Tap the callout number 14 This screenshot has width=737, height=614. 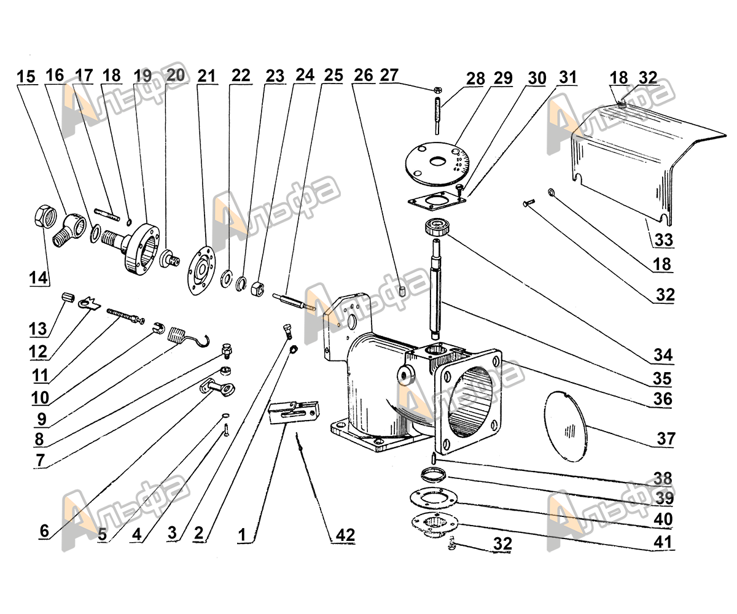coord(37,278)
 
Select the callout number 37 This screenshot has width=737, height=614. coord(665,439)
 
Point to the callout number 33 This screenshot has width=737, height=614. coord(663,239)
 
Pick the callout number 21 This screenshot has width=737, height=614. coord(207,76)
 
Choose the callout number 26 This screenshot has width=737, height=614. coord(364,76)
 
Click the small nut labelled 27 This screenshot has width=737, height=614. coord(435,90)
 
